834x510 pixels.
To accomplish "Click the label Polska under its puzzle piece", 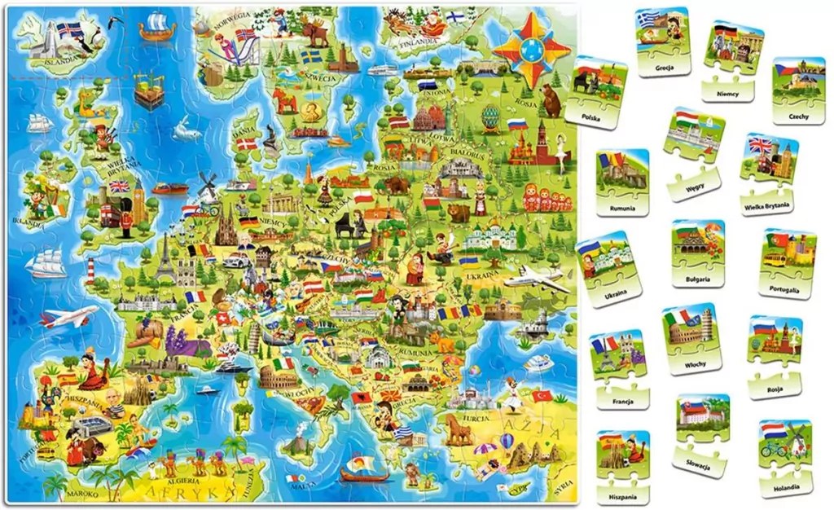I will coord(592,117).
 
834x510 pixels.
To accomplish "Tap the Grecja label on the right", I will coord(665,70).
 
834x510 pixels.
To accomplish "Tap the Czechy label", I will coord(798,117).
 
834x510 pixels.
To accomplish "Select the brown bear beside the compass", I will coord(551,101).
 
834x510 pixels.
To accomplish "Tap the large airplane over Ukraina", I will coord(536,279).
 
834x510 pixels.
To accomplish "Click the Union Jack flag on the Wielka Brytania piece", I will coord(761,146).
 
